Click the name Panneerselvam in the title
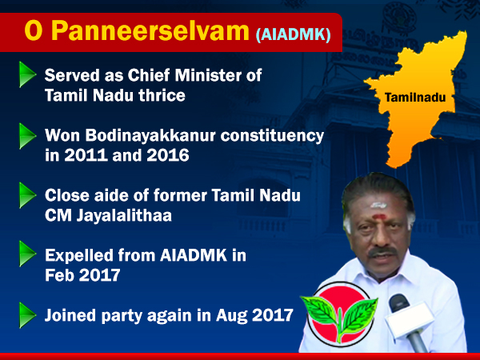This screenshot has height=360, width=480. point(150,31)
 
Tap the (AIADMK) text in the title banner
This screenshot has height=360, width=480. point(294,35)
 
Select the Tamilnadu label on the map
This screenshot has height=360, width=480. point(415,98)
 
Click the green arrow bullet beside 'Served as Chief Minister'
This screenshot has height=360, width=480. point(27,74)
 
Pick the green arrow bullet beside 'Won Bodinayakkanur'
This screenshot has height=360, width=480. point(27,136)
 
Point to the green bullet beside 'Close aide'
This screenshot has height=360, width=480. point(27,195)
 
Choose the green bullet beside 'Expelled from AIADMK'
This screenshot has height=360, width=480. point(27,254)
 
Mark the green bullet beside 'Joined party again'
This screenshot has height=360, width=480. point(27,315)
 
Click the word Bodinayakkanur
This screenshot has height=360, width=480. point(150,135)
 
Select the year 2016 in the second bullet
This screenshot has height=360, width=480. point(168,155)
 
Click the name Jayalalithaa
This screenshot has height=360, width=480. point(124,216)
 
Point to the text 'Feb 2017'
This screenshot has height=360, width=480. point(82,275)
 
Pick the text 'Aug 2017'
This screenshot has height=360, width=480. point(254,315)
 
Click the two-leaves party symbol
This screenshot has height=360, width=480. point(340,314)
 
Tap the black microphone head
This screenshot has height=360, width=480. point(399,303)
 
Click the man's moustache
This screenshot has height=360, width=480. point(382,252)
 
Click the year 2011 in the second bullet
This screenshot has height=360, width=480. point(86,155)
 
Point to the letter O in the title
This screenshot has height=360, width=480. point(33,31)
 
